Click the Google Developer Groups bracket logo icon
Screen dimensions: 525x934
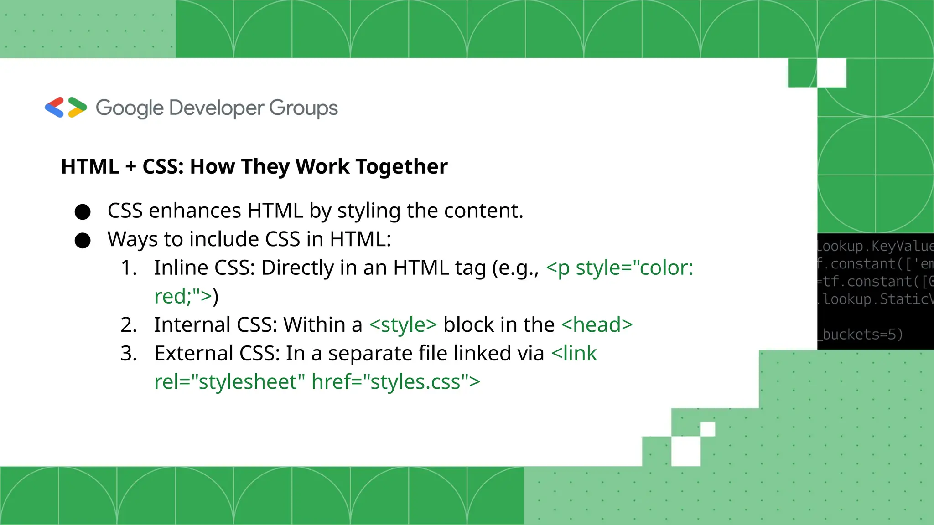(66, 108)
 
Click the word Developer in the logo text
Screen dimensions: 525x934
(217, 108)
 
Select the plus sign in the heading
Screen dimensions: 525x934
(131, 167)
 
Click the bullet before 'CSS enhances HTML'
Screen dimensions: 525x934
(83, 212)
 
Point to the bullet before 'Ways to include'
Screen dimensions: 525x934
(83, 240)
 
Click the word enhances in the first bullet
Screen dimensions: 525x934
(195, 211)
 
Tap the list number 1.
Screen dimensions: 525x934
(129, 268)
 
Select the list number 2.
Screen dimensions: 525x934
(129, 325)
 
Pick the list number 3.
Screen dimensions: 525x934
(129, 354)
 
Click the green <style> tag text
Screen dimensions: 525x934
(403, 325)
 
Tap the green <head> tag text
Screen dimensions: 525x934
(597, 325)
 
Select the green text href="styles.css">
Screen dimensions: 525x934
(395, 382)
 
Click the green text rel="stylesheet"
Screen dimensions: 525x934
(230, 382)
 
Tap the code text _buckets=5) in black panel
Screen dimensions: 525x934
(861, 335)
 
